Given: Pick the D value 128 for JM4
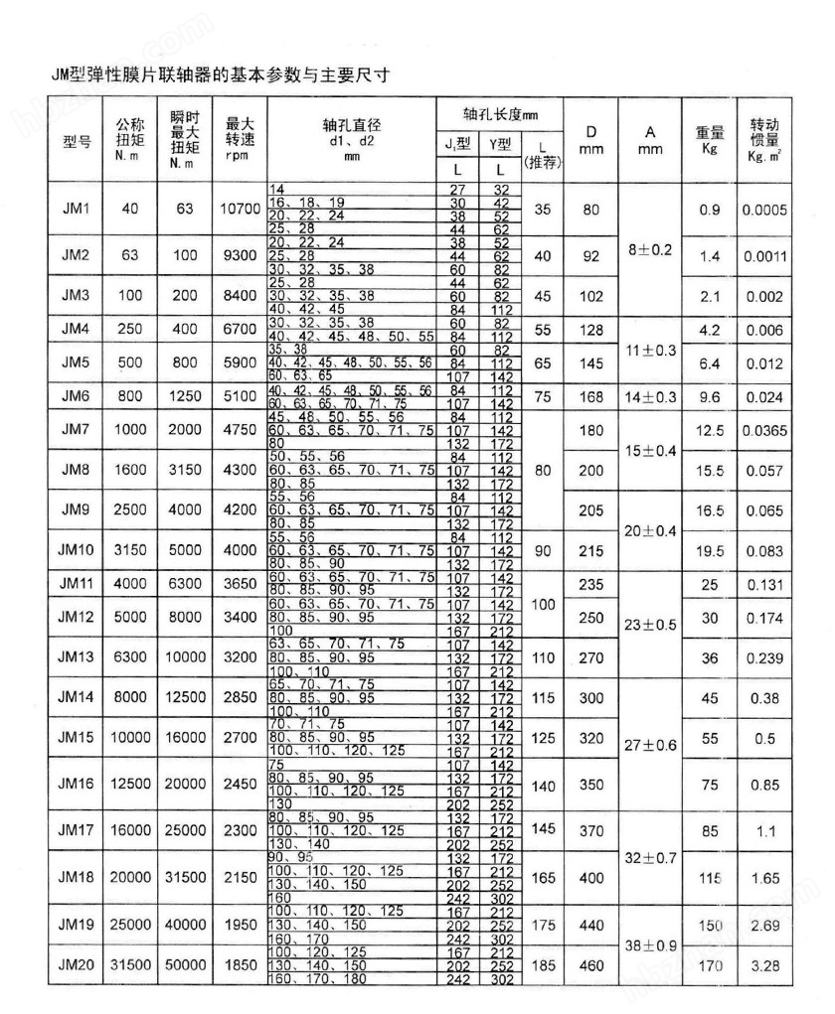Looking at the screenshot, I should [x=591, y=329].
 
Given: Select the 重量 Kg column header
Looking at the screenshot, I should [x=708, y=139].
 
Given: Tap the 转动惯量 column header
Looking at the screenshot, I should [x=763, y=139].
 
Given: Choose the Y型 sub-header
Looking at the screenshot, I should [x=499, y=145].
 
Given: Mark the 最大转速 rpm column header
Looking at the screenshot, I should [x=239, y=139].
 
